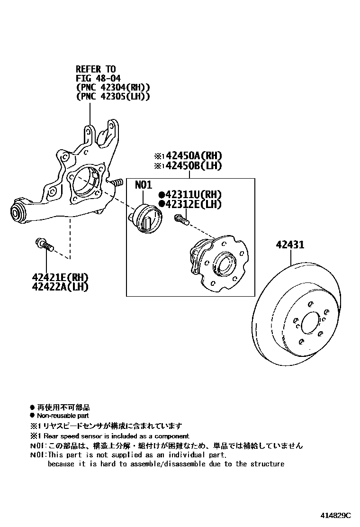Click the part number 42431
coord(290,245)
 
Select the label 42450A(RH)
coord(192,156)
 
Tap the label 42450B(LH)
coord(192,165)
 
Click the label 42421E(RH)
coord(60,277)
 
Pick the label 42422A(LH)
coord(60,286)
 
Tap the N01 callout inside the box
coord(143,185)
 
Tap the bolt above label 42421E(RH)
coord(44,245)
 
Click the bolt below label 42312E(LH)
coord(182,219)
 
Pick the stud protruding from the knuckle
coord(117,182)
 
